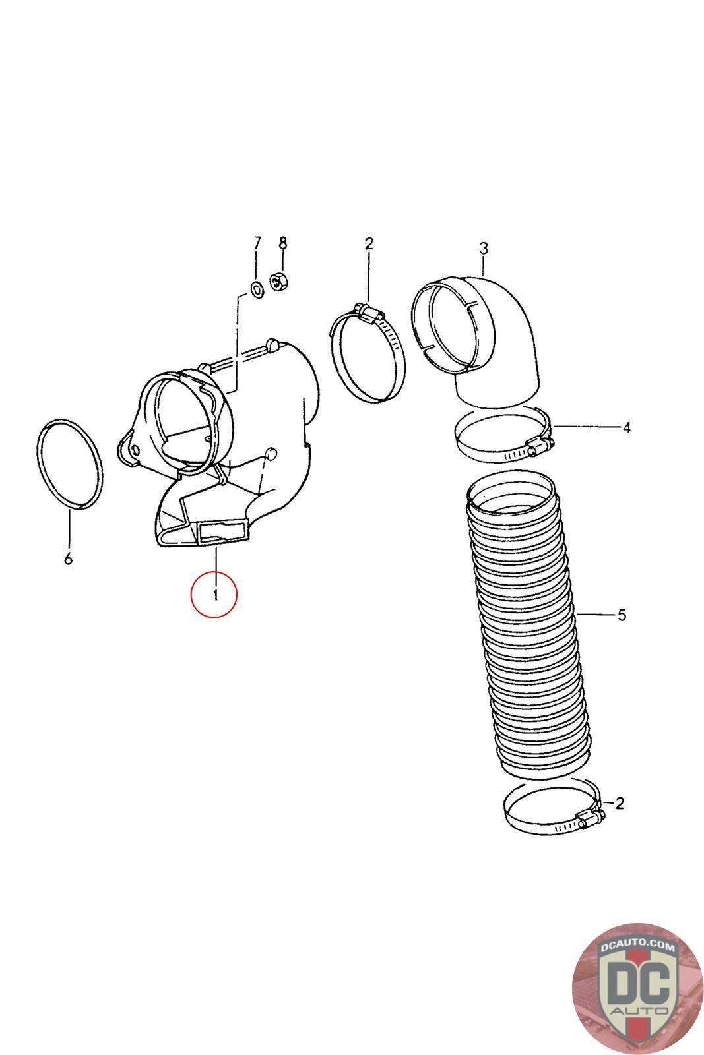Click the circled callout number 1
(214, 595)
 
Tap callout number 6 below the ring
(68, 560)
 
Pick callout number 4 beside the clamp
(626, 427)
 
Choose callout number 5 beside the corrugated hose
(621, 615)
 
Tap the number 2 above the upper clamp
(368, 243)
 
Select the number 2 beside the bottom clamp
(619, 803)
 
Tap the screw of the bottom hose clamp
(591, 820)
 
